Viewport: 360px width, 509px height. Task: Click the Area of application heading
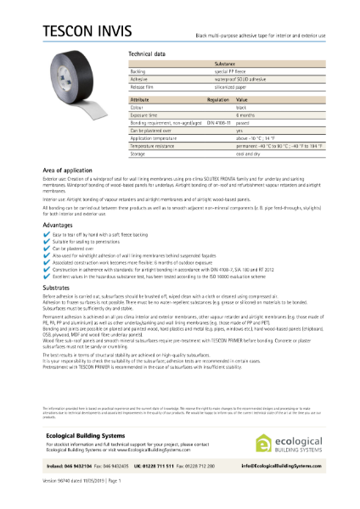[70, 171]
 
